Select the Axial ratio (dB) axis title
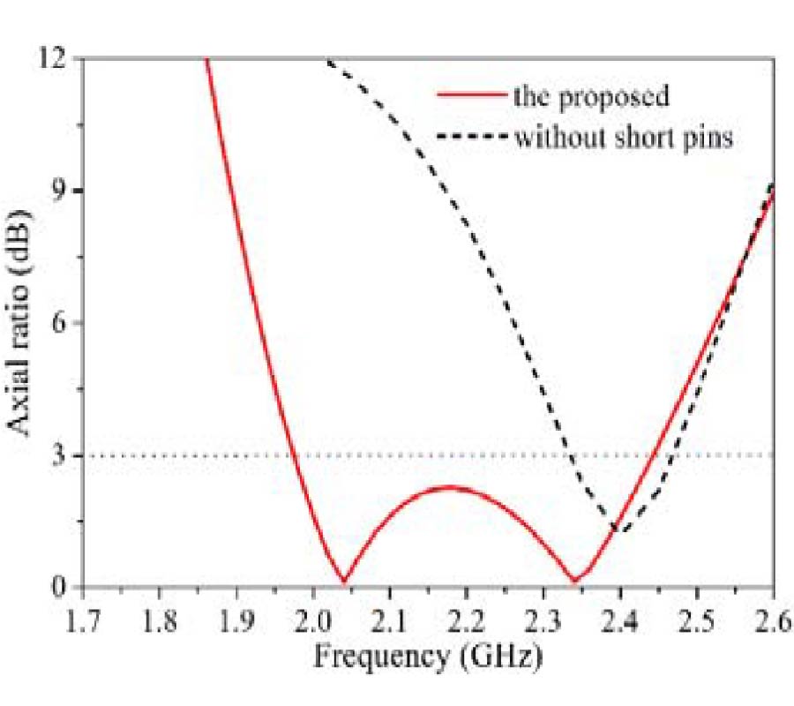[24, 322]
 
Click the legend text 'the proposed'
[591, 95]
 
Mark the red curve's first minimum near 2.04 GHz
[343, 581]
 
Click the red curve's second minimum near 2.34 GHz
[574, 581]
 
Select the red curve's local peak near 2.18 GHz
[451, 486]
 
